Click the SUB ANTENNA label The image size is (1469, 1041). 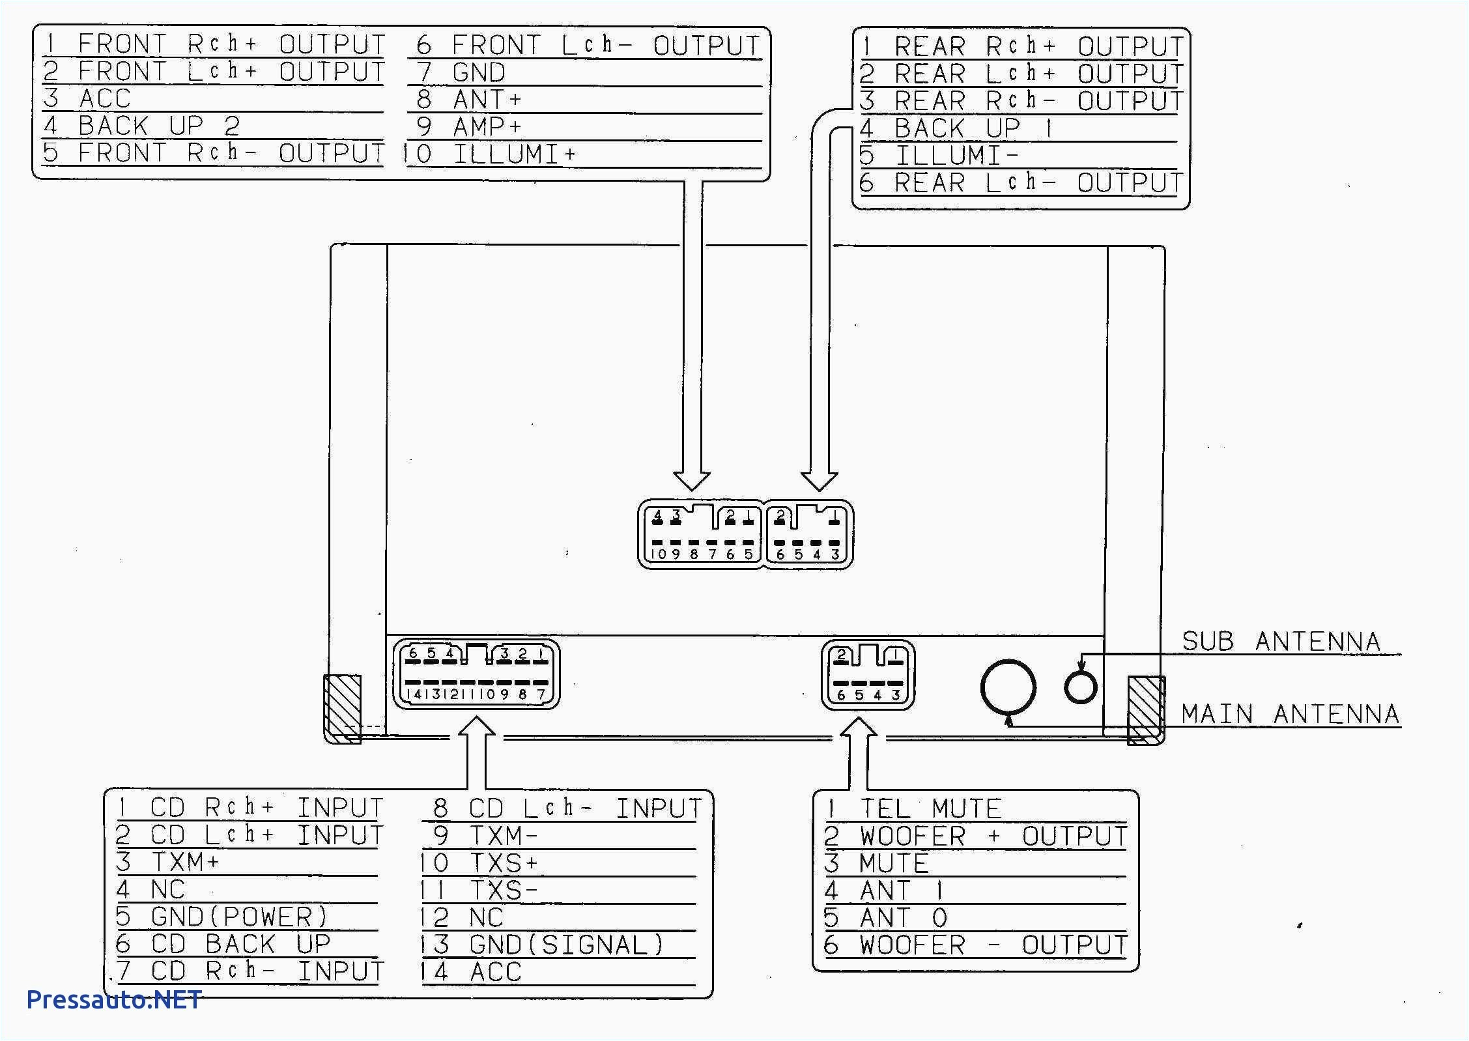[x=1281, y=642]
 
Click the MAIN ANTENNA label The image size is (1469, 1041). [x=1290, y=715]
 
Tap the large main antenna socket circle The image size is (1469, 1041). [x=1008, y=687]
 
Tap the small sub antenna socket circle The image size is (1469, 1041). [x=1080, y=687]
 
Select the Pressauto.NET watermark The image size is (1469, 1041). [x=114, y=1000]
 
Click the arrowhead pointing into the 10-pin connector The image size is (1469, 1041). [x=691, y=481]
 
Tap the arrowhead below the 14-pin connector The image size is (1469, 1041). [x=477, y=726]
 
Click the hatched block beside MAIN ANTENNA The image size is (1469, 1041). [x=1145, y=710]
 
